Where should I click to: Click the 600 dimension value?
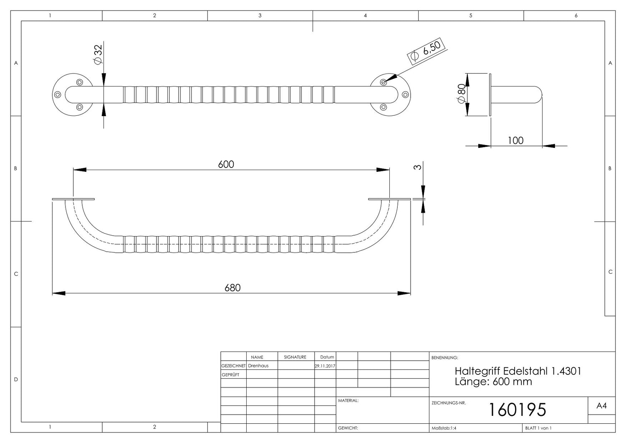pos(226,164)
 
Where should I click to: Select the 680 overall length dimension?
pos(232,288)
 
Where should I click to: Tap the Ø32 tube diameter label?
pos(98,55)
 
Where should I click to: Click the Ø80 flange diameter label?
pos(461,94)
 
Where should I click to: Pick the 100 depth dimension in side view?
pos(515,140)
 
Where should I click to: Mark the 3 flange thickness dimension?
pos(417,167)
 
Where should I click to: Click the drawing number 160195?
pos(517,410)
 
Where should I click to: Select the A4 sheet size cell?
pos(601,405)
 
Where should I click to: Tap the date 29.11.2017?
pos(325,366)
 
